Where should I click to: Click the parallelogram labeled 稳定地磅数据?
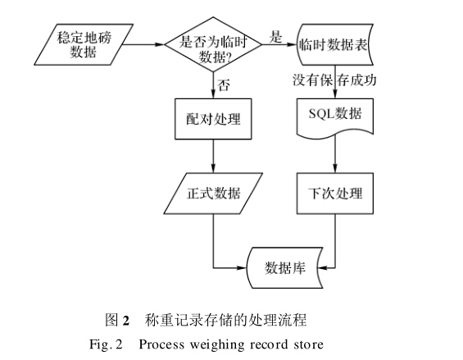tap(84, 44)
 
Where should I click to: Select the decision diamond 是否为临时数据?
tap(213, 44)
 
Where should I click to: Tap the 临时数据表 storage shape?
tap(335, 44)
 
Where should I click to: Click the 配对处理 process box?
tap(213, 119)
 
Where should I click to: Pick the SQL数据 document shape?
tap(335, 117)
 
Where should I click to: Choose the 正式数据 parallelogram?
tap(213, 194)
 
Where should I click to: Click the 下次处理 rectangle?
tap(335, 194)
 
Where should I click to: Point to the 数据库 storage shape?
tap(285, 268)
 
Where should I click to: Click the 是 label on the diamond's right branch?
tap(275, 37)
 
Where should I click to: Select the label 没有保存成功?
tap(334, 80)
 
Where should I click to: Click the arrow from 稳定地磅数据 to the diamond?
tap(143, 44)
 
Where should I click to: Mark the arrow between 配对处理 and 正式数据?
tap(213, 156)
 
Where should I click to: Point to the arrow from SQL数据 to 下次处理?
tap(335, 154)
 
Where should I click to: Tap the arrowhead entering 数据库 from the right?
tap(321, 268)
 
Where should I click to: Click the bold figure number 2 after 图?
tap(126, 321)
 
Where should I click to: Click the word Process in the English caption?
tap(161, 344)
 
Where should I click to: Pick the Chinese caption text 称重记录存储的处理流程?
tap(225, 320)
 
